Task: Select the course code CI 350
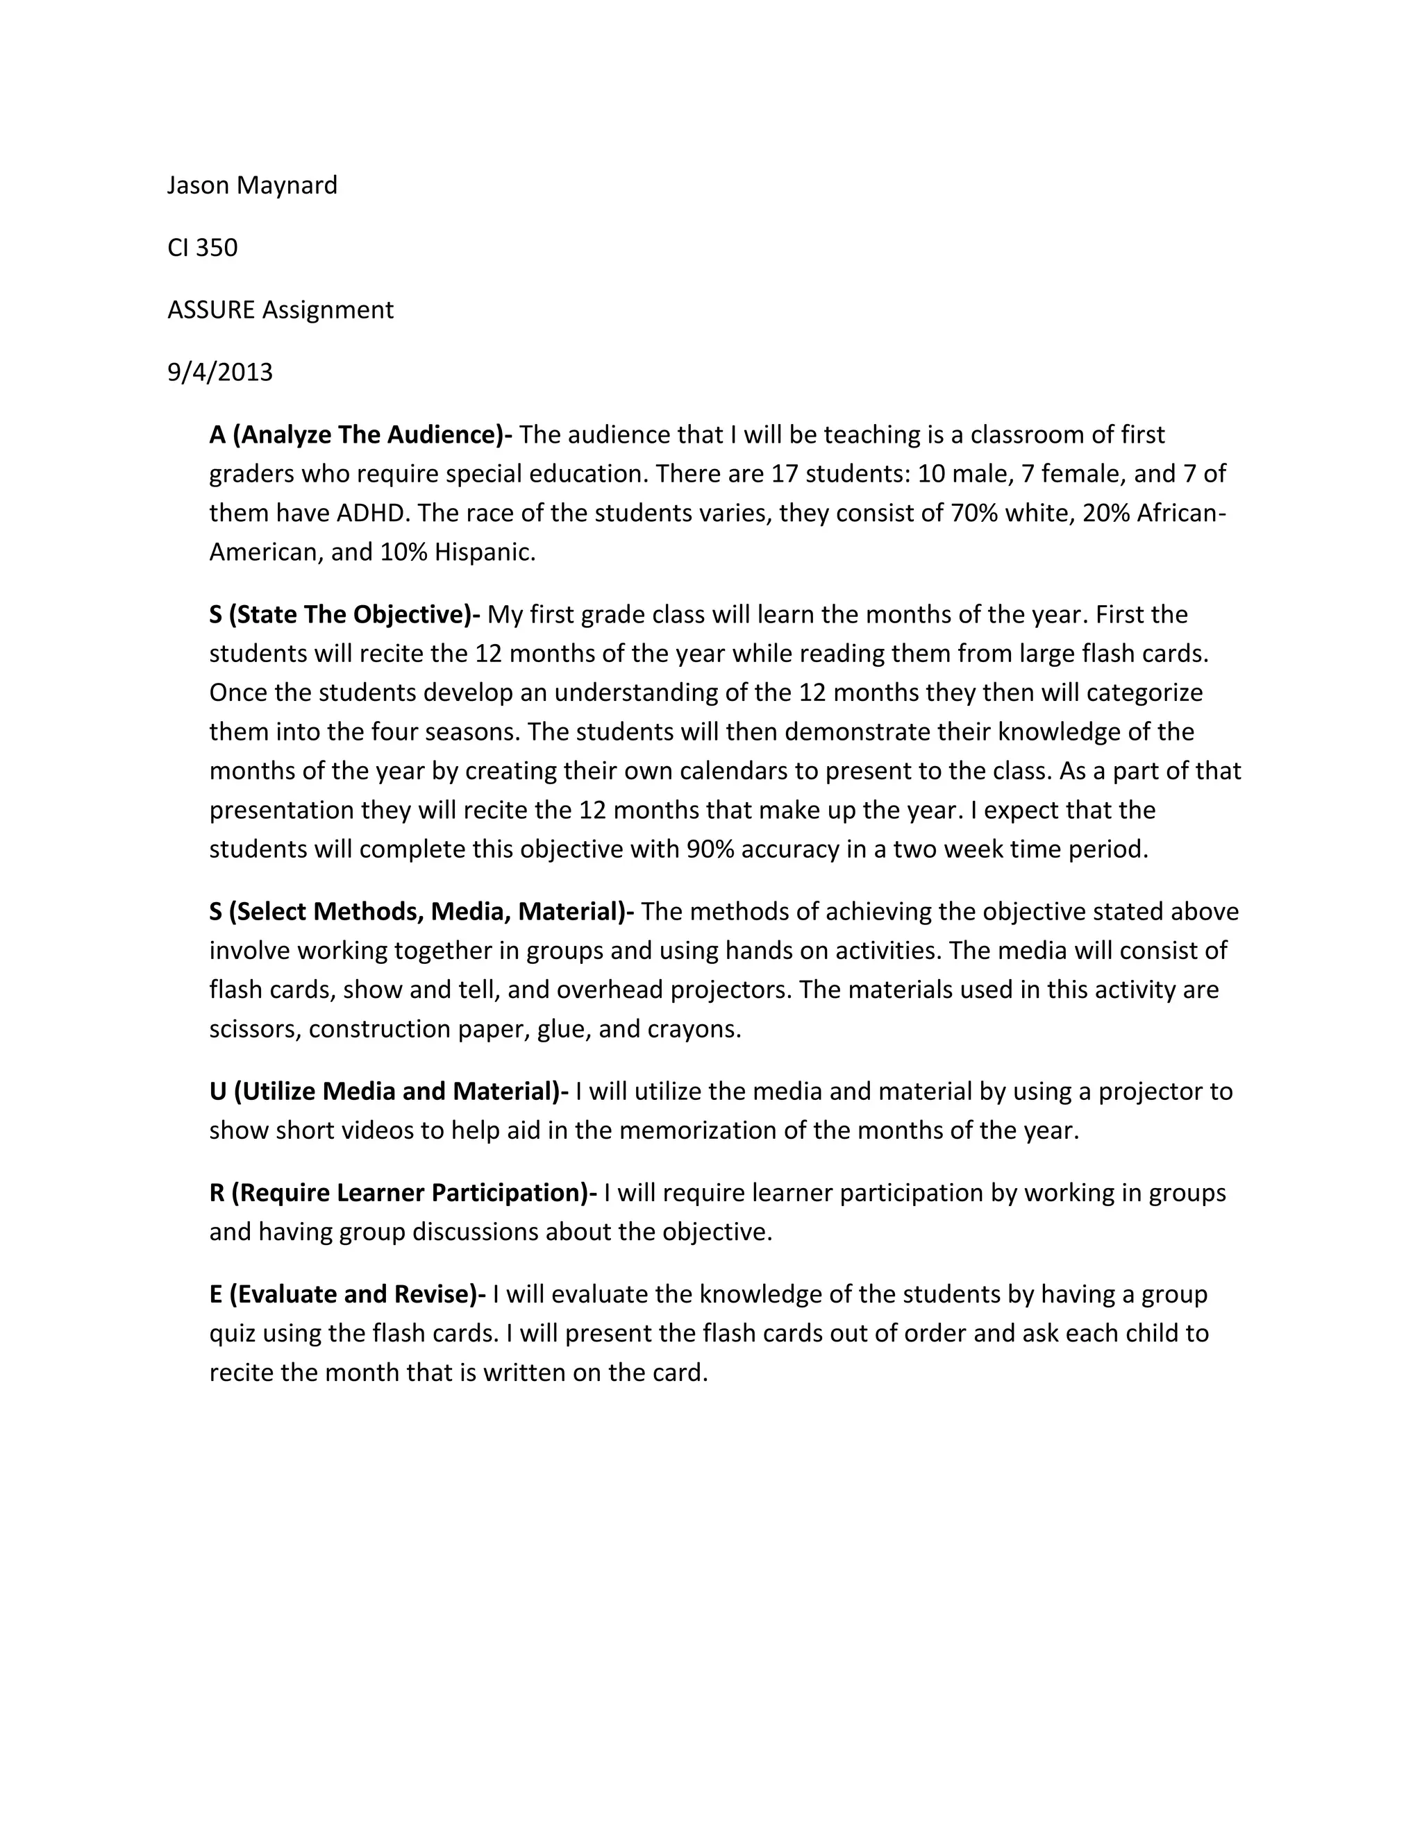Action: pos(202,248)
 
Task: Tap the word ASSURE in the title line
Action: pos(210,310)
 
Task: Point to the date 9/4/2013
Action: pos(220,372)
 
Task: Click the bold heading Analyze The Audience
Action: pos(369,434)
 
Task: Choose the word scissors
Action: pos(254,1029)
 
